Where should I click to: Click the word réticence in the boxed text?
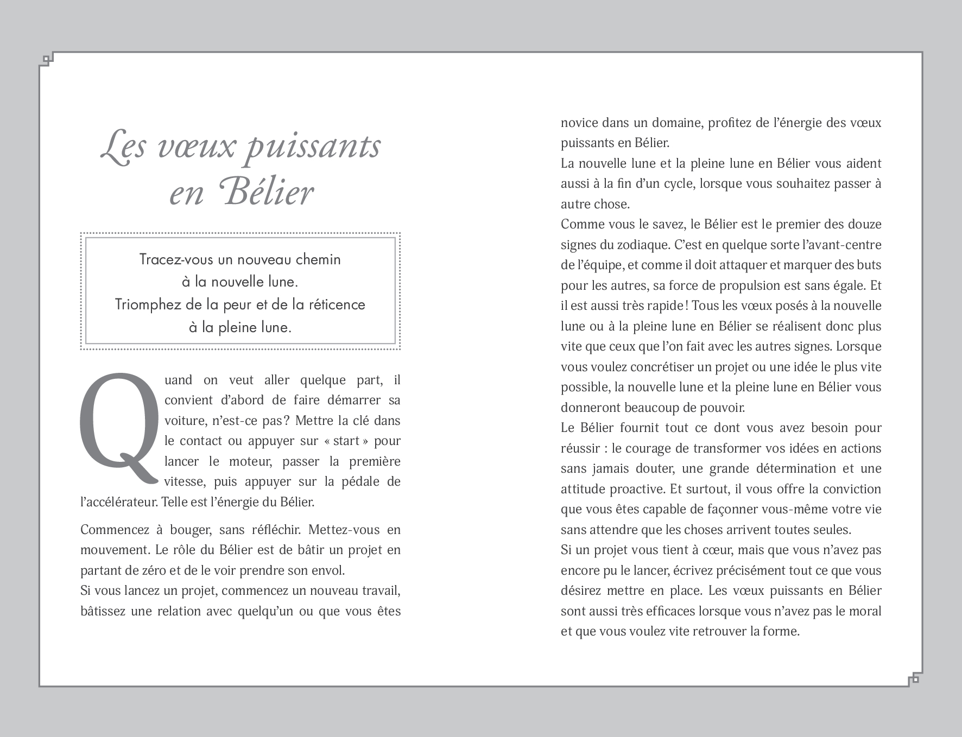tap(337, 304)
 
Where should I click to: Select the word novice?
tap(579, 123)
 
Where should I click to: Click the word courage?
tap(650, 448)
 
